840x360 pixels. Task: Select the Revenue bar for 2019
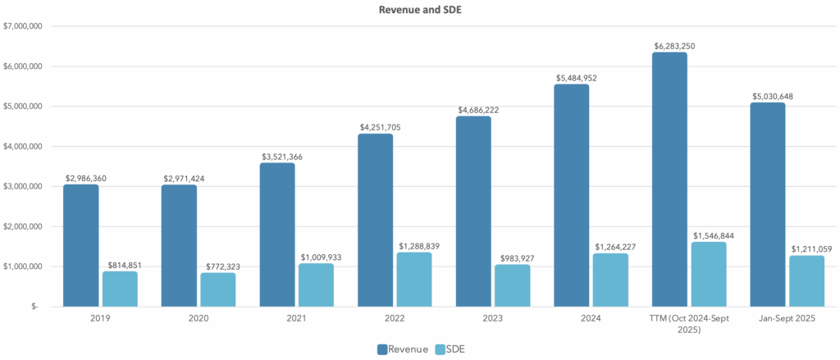click(80, 245)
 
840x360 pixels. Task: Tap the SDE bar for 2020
click(217, 289)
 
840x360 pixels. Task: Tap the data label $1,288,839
click(413, 245)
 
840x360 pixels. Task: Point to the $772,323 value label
click(217, 266)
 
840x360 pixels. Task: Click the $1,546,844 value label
click(709, 235)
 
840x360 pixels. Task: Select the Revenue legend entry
click(403, 350)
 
